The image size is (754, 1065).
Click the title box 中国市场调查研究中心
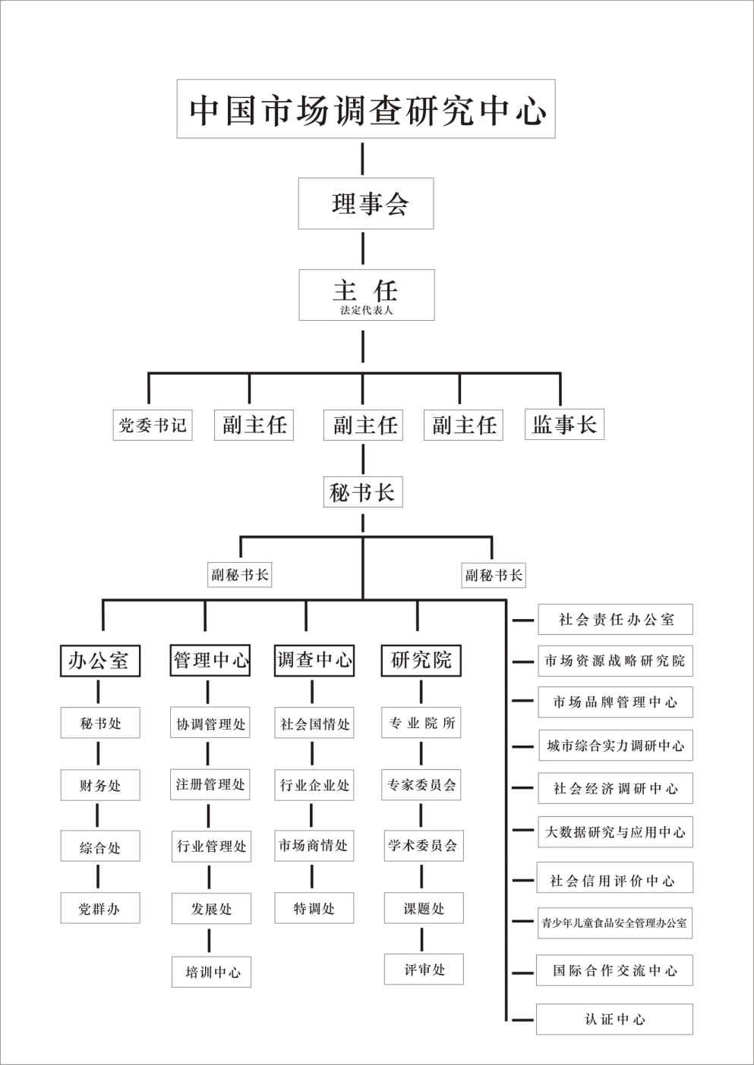pyautogui.click(x=366, y=109)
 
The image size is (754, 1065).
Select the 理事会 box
pyautogui.click(x=366, y=203)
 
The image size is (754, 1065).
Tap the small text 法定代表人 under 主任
pyautogui.click(x=367, y=310)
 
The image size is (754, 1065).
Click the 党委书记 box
pyautogui.click(x=153, y=425)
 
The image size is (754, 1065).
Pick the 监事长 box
pyautogui.click(x=564, y=424)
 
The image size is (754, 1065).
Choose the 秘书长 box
pyautogui.click(x=363, y=492)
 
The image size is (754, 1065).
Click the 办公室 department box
pyautogui.click(x=100, y=661)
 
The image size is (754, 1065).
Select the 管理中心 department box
pyautogui.click(x=210, y=660)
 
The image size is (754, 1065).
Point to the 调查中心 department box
pyautogui.click(x=314, y=660)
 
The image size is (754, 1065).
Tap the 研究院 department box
pyautogui.click(x=421, y=660)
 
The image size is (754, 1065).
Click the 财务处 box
pyautogui.click(x=100, y=785)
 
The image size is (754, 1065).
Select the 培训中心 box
pyautogui.click(x=211, y=972)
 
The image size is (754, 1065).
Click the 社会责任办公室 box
pyautogui.click(x=616, y=620)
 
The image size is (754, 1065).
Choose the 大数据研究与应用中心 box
pyautogui.click(x=616, y=832)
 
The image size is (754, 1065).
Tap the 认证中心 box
pyautogui.click(x=614, y=1019)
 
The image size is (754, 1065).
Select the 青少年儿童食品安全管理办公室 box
pyautogui.click(x=615, y=923)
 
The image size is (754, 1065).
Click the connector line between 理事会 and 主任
pyautogui.click(x=363, y=248)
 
